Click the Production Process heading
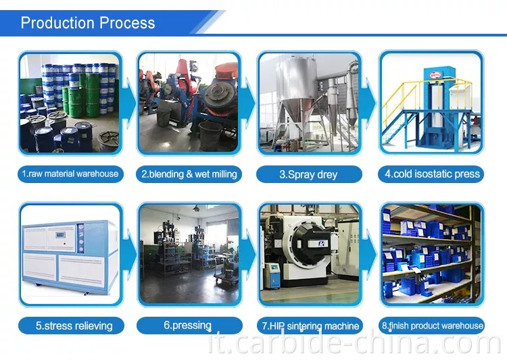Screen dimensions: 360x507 point(88,22)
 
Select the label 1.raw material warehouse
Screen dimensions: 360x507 point(70,174)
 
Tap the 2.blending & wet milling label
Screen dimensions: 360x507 point(189,174)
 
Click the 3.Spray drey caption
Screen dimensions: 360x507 point(308,174)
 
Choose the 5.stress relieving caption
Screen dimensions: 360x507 point(70,326)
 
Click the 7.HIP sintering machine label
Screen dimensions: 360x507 point(310,326)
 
